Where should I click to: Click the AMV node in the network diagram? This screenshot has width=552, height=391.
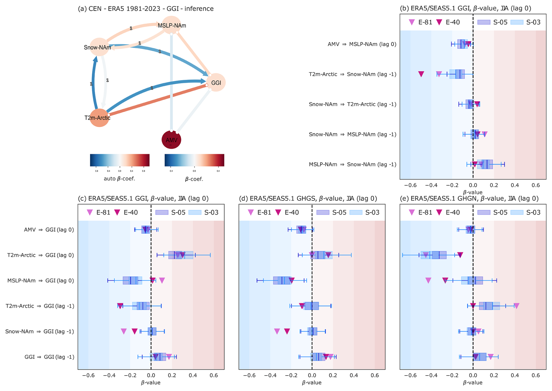(x=171, y=140)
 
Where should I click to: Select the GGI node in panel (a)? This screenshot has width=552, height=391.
(x=216, y=83)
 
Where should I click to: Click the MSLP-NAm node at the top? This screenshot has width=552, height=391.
(x=172, y=25)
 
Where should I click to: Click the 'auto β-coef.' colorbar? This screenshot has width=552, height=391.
(x=120, y=160)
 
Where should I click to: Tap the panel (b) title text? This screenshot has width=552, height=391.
(x=465, y=8)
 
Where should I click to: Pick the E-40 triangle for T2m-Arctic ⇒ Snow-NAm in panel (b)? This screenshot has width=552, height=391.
(x=421, y=74)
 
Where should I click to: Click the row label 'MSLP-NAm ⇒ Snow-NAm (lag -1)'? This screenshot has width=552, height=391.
(x=352, y=165)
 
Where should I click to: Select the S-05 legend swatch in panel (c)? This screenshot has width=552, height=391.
(x=162, y=212)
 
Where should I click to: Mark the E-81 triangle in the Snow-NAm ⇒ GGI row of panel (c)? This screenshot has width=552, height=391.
(x=124, y=331)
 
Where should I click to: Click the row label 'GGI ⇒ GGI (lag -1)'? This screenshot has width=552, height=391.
(x=49, y=357)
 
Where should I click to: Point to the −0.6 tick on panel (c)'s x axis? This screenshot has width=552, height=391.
(x=88, y=375)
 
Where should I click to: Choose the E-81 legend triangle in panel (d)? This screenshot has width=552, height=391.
(x=251, y=212)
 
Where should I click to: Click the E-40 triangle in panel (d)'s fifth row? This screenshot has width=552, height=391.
(x=287, y=331)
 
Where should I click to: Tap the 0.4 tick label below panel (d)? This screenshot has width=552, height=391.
(x=354, y=375)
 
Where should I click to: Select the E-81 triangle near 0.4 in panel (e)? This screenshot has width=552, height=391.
(x=516, y=306)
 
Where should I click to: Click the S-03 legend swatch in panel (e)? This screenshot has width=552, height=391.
(x=517, y=212)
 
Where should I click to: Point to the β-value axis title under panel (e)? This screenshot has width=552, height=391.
(x=473, y=383)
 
